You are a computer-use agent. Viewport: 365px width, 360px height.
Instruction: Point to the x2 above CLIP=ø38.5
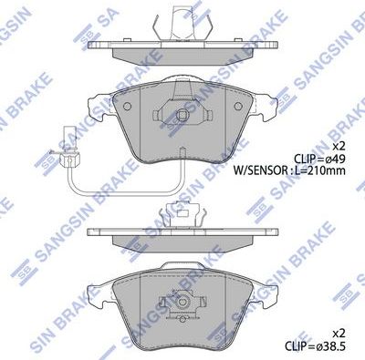pyautogui.click(x=339, y=334)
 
